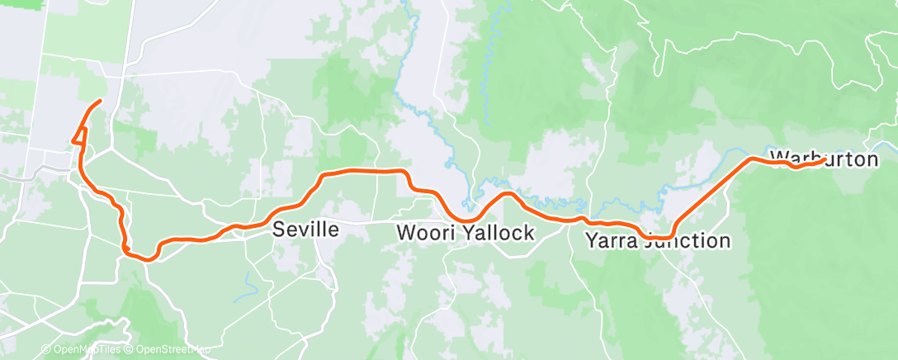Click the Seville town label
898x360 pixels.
tap(305, 230)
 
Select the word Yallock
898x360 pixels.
tap(499, 233)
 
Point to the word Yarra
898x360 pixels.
tap(611, 241)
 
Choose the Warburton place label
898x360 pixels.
tap(824, 159)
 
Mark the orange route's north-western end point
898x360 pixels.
tap(100, 102)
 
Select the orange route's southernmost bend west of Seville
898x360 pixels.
tap(149, 258)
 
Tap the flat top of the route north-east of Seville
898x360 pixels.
tap(363, 170)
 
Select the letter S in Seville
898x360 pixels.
tap(279, 230)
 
